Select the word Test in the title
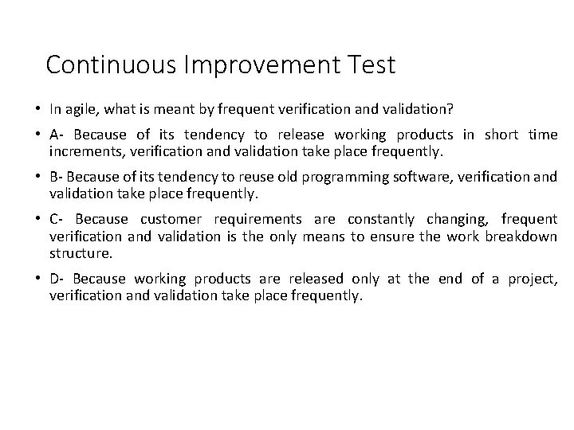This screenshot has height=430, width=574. tap(370, 64)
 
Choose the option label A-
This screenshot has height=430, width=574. tap(56, 135)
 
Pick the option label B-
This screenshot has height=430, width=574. tap(56, 177)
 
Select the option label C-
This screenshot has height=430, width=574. tap(57, 219)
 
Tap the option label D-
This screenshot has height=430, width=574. tap(57, 278)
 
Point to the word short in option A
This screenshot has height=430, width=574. tap(502, 135)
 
